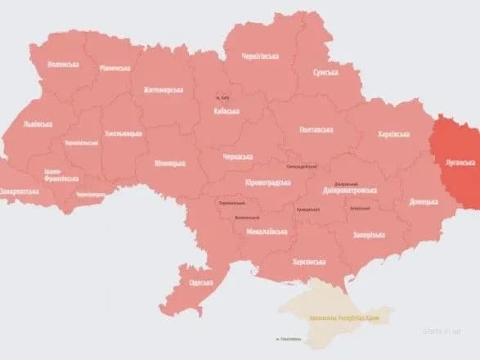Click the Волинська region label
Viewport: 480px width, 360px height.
coord(63,65)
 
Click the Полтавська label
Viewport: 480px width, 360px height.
coord(316,129)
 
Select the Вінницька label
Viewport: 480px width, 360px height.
coord(169,163)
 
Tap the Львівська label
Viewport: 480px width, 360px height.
coord(38,124)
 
